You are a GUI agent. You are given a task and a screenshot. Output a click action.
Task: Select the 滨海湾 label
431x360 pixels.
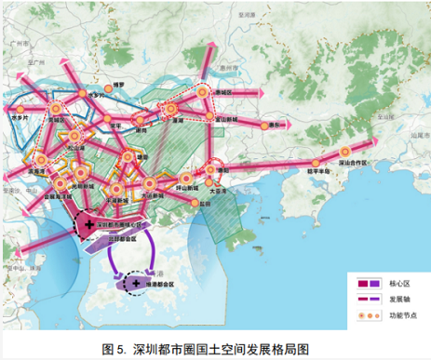click(x=41, y=172)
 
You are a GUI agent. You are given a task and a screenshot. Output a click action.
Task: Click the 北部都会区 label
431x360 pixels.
click(x=118, y=237)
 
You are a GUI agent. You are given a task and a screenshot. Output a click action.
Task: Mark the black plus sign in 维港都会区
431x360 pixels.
click(x=136, y=282)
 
